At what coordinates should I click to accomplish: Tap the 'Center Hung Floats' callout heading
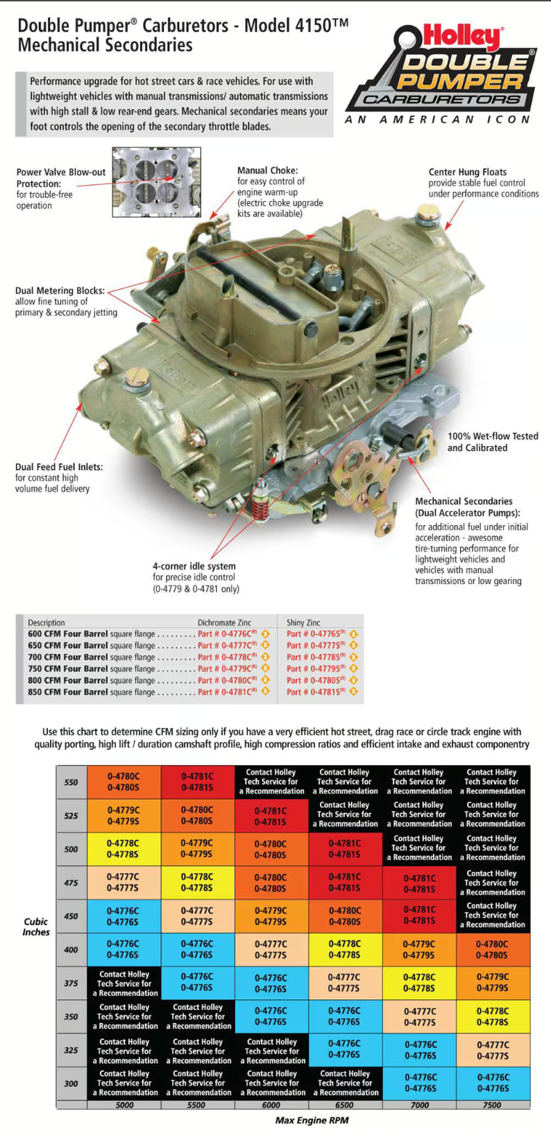click(x=467, y=172)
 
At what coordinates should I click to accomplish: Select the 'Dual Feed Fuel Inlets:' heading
click(x=59, y=467)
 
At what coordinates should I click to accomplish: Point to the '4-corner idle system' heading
click(x=194, y=566)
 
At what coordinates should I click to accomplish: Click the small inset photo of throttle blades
click(x=157, y=182)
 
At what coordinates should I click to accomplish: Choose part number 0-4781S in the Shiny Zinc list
click(x=316, y=691)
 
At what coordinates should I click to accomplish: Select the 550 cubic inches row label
click(x=71, y=782)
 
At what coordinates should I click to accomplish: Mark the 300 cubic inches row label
click(x=71, y=1083)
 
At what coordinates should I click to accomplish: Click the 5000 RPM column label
click(x=124, y=1106)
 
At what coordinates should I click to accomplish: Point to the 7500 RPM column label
click(x=492, y=1106)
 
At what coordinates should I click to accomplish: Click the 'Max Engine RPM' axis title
click(x=312, y=1120)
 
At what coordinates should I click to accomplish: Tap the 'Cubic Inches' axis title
click(x=36, y=927)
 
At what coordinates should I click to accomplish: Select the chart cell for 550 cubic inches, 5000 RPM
click(x=124, y=782)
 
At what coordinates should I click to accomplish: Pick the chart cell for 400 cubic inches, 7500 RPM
click(x=492, y=949)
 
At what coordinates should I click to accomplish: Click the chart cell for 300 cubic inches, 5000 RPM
click(x=124, y=1083)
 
